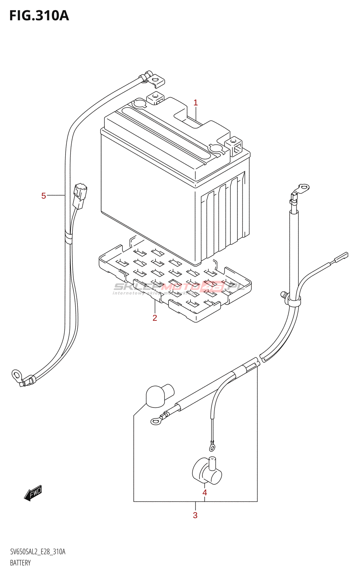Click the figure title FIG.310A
tap(39, 15)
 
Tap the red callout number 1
tap(195, 103)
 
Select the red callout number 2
tap(155, 318)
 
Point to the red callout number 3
tap(195, 515)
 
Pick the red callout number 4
tap(204, 492)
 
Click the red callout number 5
tap(44, 196)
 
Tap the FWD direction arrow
tap(33, 493)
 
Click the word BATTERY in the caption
tap(20, 563)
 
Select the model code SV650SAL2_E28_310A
tap(38, 552)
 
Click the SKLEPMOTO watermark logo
tap(179, 287)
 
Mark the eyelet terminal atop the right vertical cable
tap(303, 188)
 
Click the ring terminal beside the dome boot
tap(156, 420)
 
